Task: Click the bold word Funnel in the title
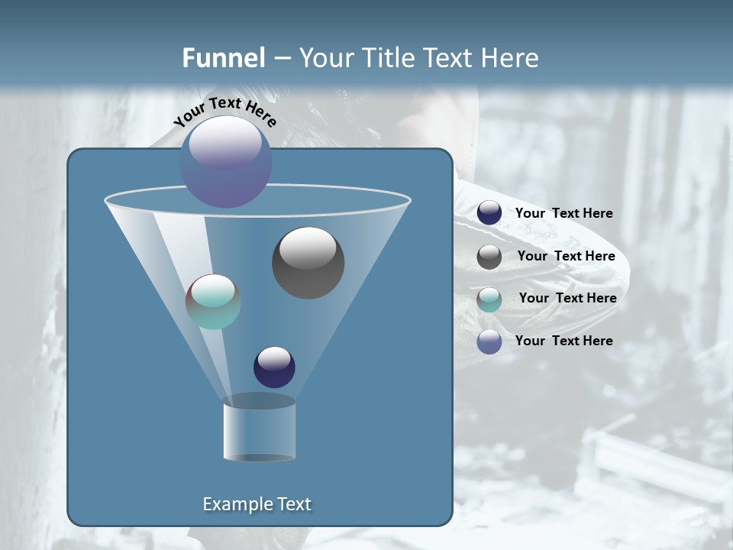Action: [223, 58]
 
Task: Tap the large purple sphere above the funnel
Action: [226, 162]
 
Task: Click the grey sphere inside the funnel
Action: [308, 263]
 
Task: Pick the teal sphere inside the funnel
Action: [213, 302]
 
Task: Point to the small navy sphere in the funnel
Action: [274, 367]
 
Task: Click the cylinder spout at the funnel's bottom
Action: [259, 430]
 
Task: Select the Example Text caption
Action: [257, 504]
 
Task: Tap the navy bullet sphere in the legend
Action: [489, 213]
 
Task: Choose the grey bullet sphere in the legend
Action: [489, 257]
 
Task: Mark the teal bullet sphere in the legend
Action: [489, 299]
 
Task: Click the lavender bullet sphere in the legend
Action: [489, 341]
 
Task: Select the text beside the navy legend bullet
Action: [563, 213]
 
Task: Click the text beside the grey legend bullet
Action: [566, 256]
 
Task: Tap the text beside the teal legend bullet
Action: [567, 298]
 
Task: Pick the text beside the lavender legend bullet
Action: [563, 341]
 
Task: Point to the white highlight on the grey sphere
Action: [308, 247]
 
